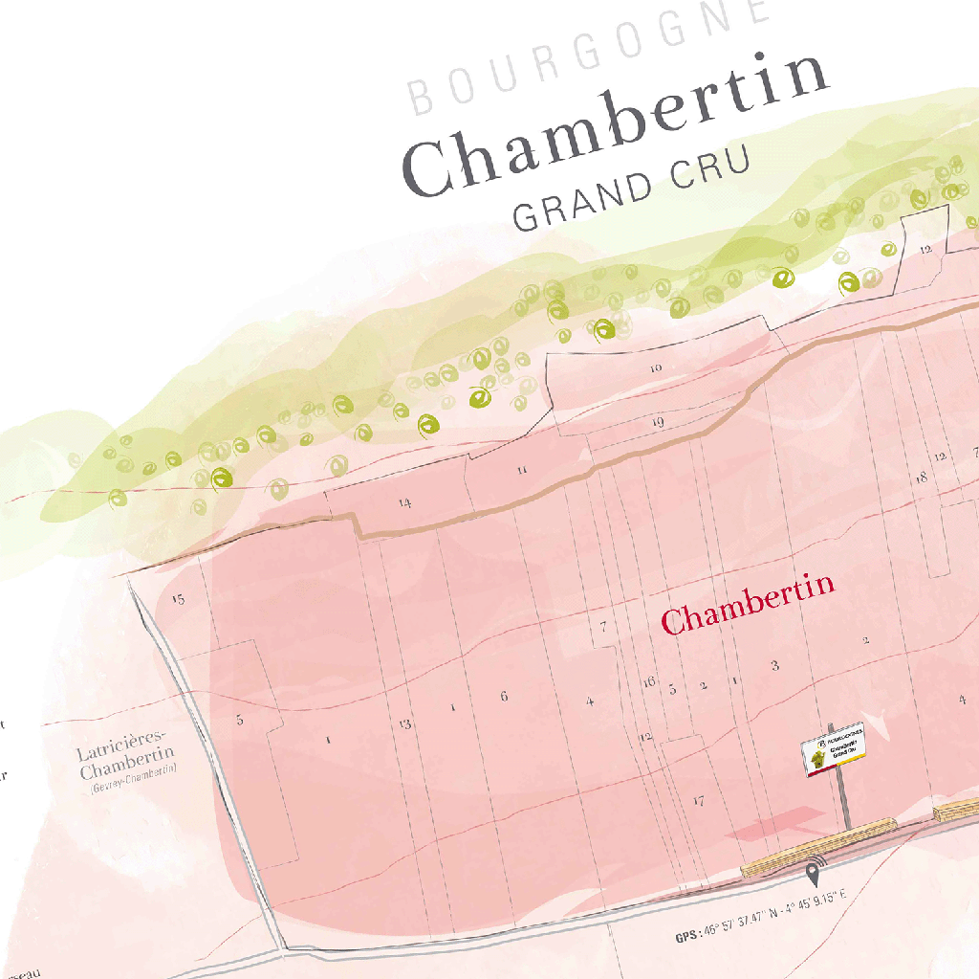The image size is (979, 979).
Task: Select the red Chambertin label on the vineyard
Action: pos(749,604)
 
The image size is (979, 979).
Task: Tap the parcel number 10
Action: pos(655,367)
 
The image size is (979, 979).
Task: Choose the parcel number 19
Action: pos(658,422)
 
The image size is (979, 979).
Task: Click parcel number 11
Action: pos(522,470)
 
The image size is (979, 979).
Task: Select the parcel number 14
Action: pos(405,502)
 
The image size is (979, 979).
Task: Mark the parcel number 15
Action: pos(177,600)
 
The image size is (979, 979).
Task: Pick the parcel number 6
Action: pos(504,696)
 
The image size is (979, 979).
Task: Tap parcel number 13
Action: pos(405,724)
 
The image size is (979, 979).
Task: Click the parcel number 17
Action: pos(699,801)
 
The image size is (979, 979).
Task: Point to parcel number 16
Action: pos(649,681)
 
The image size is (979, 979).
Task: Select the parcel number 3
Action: pos(775,665)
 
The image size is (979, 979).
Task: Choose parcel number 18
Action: pos(922,478)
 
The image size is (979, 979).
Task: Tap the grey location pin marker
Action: pos(815,872)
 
